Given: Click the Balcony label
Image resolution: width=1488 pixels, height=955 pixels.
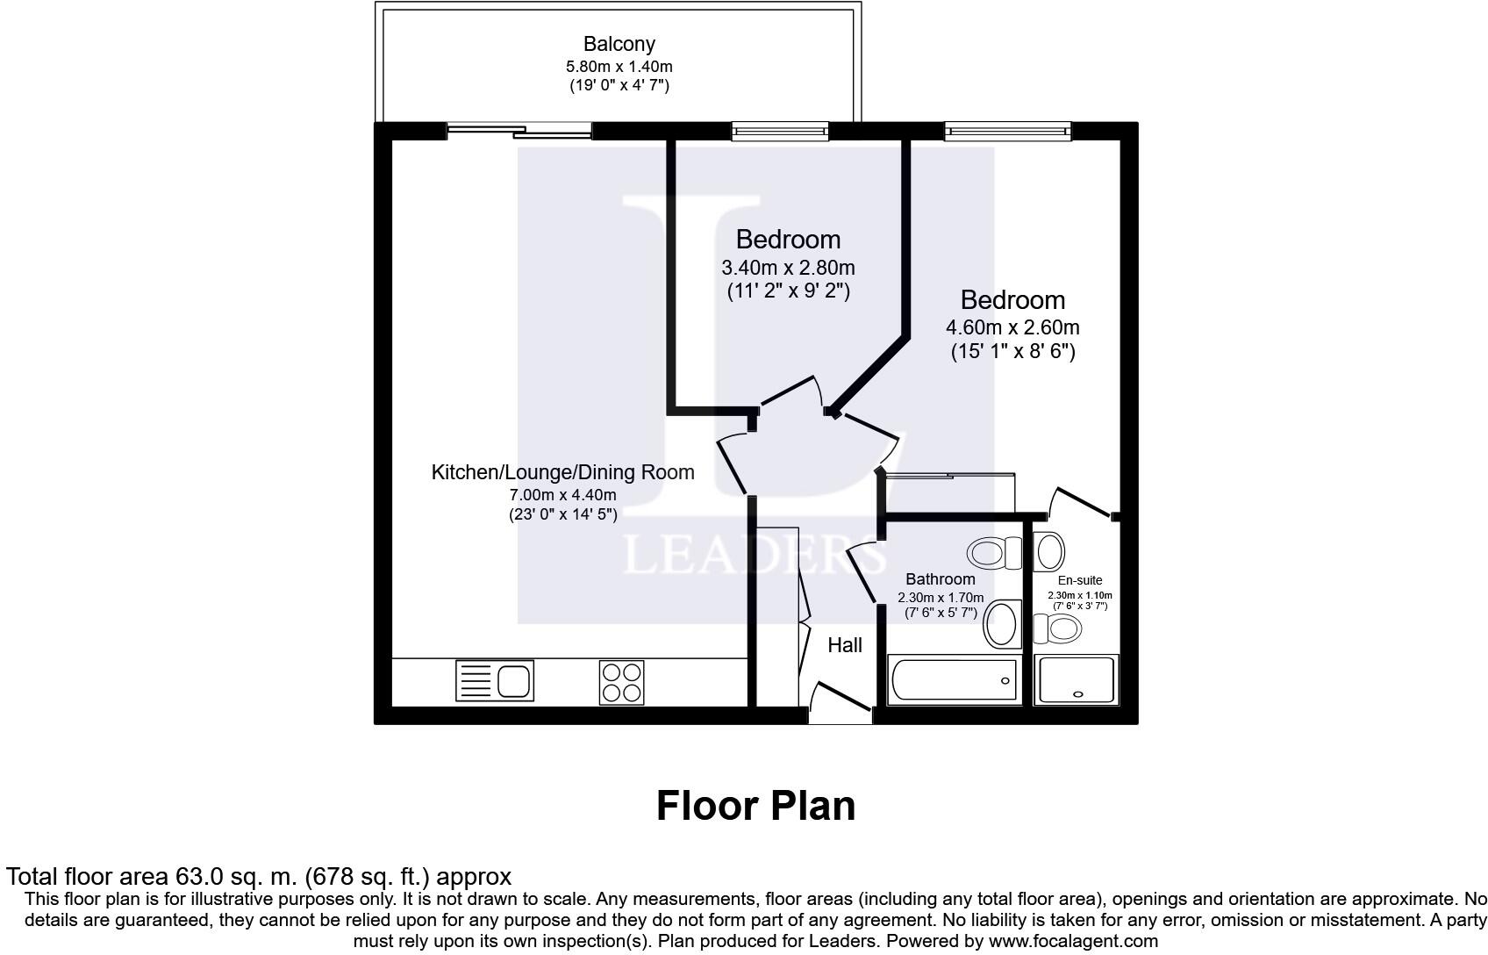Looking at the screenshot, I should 619,44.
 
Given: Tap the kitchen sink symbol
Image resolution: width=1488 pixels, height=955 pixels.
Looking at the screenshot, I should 494,681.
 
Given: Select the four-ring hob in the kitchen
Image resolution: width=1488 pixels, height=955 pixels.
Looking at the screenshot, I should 621,682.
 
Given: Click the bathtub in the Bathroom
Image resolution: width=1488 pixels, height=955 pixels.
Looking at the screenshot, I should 955,680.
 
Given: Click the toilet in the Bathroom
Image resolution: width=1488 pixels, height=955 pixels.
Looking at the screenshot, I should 995,553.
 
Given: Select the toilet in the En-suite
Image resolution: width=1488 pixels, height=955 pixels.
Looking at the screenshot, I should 1058,628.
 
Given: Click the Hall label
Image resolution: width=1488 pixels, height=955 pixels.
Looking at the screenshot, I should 845,646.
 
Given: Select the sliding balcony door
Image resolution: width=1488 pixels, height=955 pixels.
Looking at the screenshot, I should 519,132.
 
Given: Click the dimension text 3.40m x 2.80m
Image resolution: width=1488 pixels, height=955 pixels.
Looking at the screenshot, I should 788,268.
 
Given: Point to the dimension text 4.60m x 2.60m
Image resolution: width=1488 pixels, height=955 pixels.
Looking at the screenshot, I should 1012,328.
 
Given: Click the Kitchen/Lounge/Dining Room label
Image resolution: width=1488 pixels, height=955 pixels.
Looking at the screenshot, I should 562,472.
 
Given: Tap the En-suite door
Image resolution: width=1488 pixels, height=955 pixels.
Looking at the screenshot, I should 1083,503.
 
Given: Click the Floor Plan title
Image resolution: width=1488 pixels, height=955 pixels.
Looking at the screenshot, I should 755,806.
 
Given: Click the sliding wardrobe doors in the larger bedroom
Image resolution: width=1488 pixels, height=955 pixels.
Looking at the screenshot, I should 950,477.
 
